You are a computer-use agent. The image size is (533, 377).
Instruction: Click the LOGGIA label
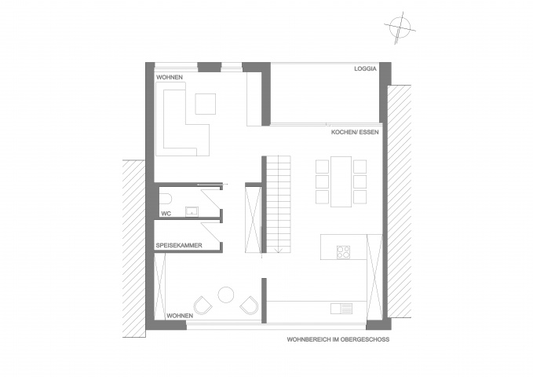(365, 69)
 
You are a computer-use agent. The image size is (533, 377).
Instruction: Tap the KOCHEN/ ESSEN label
(355, 133)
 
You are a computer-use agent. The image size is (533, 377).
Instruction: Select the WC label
(166, 214)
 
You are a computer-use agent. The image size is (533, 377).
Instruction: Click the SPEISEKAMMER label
(179, 245)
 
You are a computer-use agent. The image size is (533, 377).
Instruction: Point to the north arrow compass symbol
(400, 27)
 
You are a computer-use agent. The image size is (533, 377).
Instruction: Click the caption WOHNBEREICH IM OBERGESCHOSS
(338, 339)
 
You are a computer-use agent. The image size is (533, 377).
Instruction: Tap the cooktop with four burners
(343, 252)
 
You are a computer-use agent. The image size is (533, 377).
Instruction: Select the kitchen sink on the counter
(341, 309)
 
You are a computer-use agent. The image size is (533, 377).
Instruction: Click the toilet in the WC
(166, 199)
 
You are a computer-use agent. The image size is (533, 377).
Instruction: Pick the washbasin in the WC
(192, 211)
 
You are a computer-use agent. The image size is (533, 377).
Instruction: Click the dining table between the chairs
(341, 181)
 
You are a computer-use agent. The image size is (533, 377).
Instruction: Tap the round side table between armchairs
(226, 295)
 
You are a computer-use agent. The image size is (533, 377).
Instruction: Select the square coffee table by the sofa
(206, 104)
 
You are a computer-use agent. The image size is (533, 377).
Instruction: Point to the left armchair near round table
(203, 306)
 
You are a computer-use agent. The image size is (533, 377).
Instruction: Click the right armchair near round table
(249, 306)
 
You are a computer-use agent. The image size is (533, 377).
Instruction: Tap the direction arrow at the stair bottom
(279, 250)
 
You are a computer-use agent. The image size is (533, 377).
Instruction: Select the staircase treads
(279, 204)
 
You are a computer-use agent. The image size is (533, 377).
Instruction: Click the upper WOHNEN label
(170, 77)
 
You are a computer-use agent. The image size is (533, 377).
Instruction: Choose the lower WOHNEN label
(180, 316)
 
